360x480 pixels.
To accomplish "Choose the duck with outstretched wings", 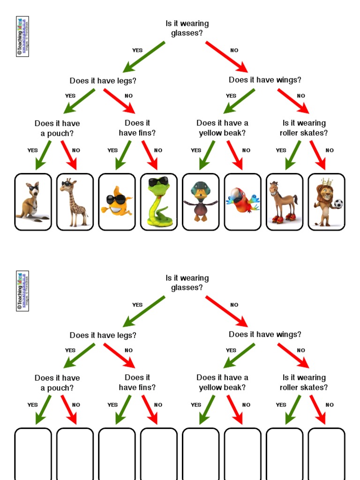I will coord(201,202).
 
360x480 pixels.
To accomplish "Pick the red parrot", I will coord(242,201).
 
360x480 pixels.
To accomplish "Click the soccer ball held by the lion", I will coord(338,203).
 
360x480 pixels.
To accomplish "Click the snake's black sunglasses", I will coord(158,182).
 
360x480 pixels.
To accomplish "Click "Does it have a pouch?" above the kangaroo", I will coord(57,128).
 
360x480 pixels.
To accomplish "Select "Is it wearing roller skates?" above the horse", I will coord(304,128).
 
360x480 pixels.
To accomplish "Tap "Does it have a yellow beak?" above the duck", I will coord(222,128).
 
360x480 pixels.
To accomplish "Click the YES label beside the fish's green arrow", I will coord(112,150).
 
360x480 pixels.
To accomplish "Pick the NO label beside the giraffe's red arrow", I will coord(76,150).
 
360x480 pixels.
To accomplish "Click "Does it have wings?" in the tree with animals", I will coord(265,80).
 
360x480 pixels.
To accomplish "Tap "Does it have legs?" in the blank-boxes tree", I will coord(103,335).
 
